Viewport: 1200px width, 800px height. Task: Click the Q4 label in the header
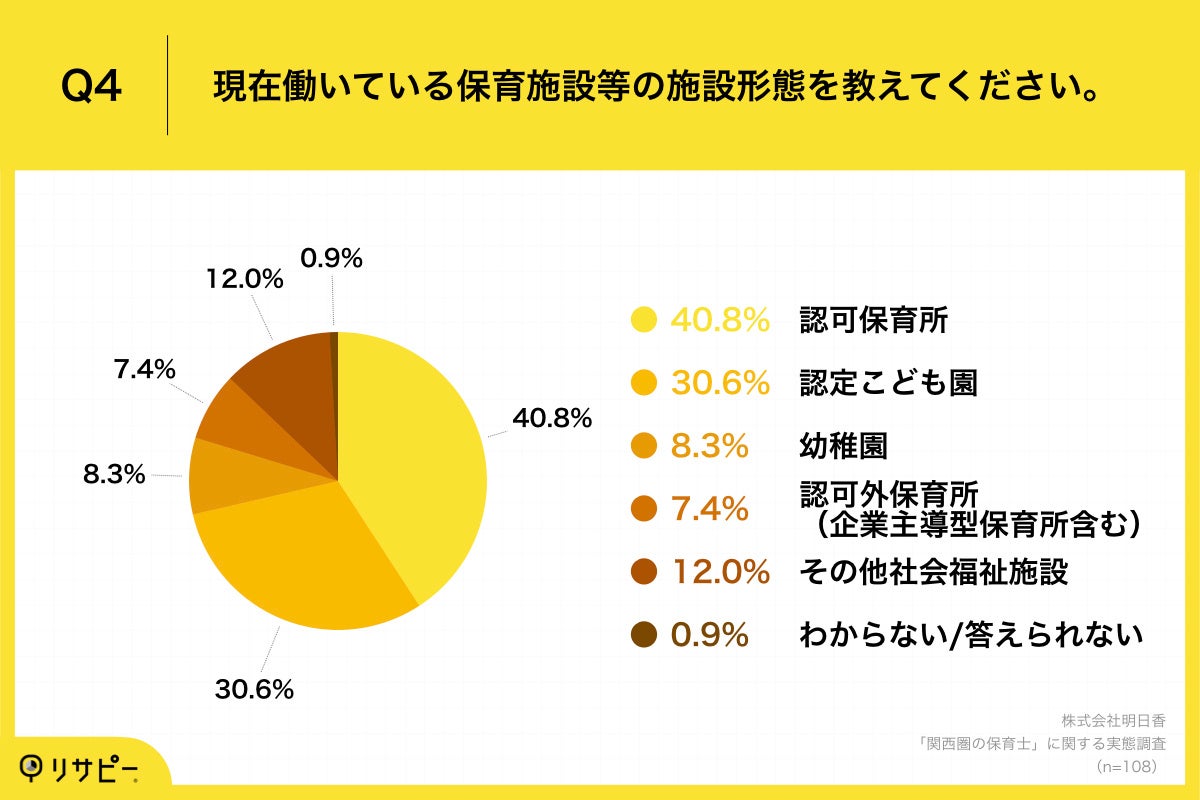click(x=92, y=87)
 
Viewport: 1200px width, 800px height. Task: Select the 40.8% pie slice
click(x=420, y=450)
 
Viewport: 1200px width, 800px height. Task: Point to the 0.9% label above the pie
click(x=331, y=259)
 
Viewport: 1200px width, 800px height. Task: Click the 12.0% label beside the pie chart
click(x=244, y=281)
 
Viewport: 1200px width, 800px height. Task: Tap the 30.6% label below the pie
click(x=254, y=689)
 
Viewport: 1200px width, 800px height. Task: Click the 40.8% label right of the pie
click(x=553, y=417)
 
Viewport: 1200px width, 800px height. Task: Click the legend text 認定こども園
click(x=888, y=383)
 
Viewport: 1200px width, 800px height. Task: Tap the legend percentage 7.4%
click(x=709, y=509)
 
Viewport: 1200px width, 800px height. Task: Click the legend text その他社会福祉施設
click(x=934, y=572)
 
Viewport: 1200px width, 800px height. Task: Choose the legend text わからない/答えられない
click(x=970, y=635)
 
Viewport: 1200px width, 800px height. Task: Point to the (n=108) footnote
click(x=1127, y=767)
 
